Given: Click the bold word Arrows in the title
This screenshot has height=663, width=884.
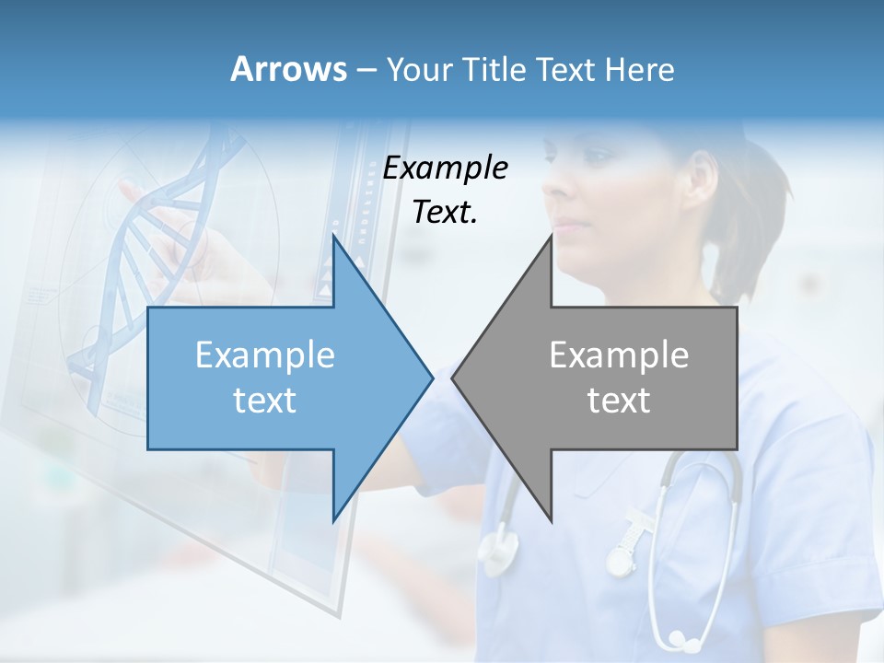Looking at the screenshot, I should pos(288,69).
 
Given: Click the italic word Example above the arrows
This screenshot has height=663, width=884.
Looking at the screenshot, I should pos(446,168).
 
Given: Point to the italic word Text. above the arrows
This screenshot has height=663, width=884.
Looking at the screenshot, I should pos(446,213).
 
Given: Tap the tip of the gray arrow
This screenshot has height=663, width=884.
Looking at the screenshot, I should pos(454,378).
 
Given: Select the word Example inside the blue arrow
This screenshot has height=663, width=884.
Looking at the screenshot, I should pos(265,355).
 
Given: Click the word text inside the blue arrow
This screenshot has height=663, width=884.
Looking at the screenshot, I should pos(265,401).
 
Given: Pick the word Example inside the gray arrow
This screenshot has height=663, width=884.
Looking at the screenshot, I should pos(619,355).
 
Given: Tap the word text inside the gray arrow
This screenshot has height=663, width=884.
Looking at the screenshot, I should pos(619,401).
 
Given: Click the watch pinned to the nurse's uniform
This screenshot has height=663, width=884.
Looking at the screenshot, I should pos(622,556).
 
